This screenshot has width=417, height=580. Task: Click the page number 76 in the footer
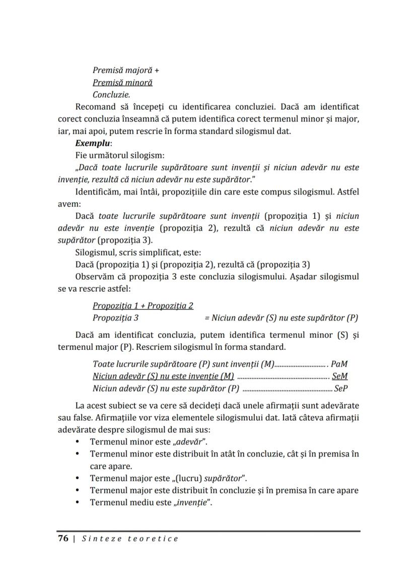pyautogui.click(x=63, y=539)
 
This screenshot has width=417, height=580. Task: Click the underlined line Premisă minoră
pyautogui.click(x=122, y=83)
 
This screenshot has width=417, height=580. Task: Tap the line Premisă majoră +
pyautogui.click(x=122, y=71)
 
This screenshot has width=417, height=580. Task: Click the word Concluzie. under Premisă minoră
pyautogui.click(x=108, y=95)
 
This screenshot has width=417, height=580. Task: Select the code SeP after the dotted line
pyautogui.click(x=341, y=389)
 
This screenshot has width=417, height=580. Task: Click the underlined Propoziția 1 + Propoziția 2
pyautogui.click(x=143, y=306)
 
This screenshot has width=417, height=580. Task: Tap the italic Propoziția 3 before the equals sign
pyautogui.click(x=115, y=318)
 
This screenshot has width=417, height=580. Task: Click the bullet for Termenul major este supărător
pyautogui.click(x=77, y=478)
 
